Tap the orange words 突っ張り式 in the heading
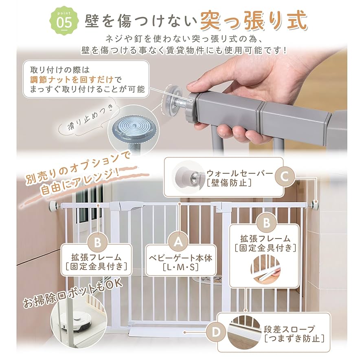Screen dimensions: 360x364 253,21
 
